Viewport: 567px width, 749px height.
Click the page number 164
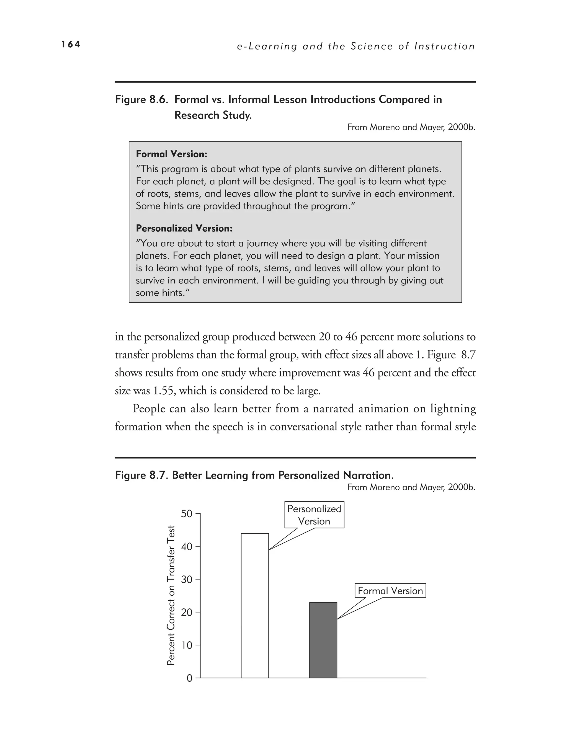pyautogui.click(x=71, y=44)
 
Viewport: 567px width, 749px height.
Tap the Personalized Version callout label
pyautogui.click(x=314, y=515)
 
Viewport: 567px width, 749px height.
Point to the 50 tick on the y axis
pyautogui.click(x=187, y=514)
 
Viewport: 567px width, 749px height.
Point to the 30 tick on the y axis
pyautogui.click(x=187, y=579)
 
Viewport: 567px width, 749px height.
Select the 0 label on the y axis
pyautogui.click(x=189, y=678)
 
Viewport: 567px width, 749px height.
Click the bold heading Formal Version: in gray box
pyautogui.click(x=171, y=154)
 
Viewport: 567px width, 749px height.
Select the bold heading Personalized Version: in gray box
pyautogui.click(x=184, y=229)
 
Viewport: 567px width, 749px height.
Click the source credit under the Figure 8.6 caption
pyautogui.click(x=411, y=127)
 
